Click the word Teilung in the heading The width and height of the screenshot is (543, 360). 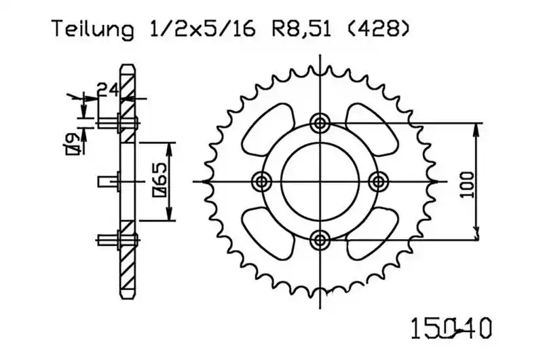tap(93, 30)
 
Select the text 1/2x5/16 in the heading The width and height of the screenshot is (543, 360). tap(199, 29)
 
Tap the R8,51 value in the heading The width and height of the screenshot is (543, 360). tap(301, 29)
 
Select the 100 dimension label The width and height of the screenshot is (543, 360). tap(468, 185)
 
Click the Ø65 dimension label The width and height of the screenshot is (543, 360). tap(160, 180)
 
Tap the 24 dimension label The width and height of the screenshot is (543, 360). tap(108, 90)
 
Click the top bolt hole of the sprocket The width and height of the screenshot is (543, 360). tap(320, 123)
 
